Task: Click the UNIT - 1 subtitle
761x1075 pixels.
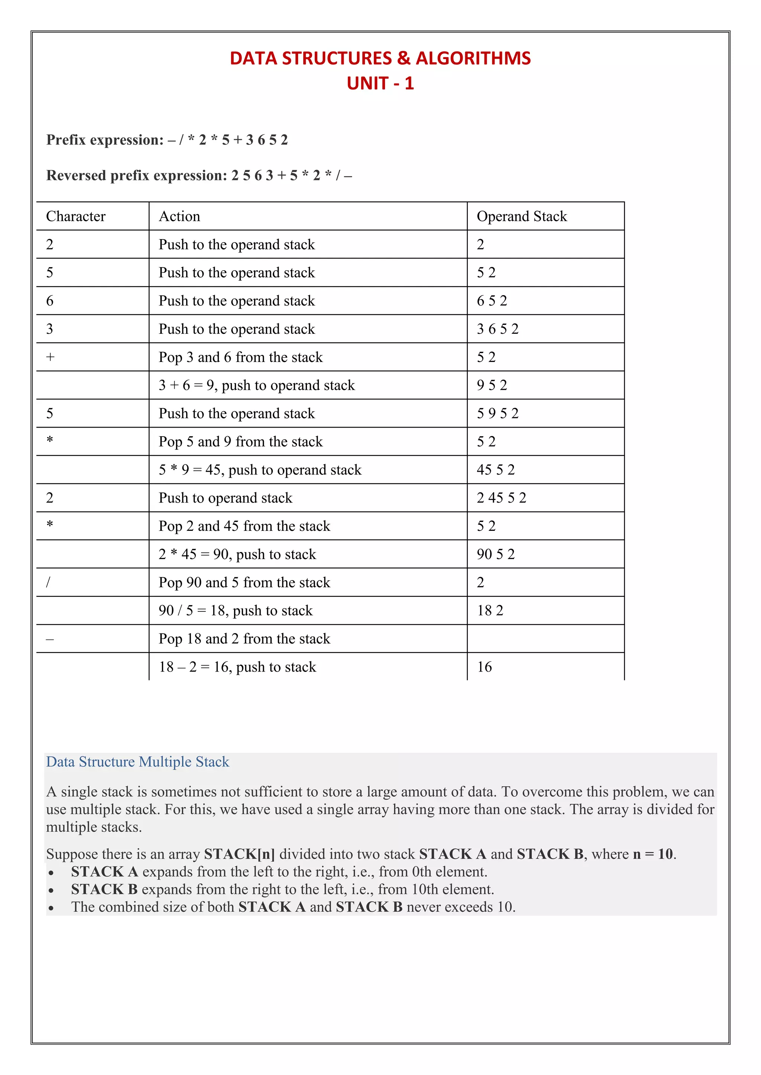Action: pyautogui.click(x=380, y=84)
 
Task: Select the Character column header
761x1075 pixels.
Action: pyautogui.click(x=76, y=216)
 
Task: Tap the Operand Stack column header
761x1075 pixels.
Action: pyautogui.click(x=522, y=216)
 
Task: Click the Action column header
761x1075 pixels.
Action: pyautogui.click(x=179, y=216)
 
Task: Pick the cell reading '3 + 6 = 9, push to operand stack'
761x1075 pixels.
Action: pyautogui.click(x=256, y=385)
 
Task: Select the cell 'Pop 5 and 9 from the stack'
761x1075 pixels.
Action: pyautogui.click(x=240, y=441)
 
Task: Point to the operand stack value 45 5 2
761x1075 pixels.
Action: pyautogui.click(x=496, y=470)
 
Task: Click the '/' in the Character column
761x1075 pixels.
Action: pyautogui.click(x=48, y=582)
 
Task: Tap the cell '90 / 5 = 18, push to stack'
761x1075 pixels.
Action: pyautogui.click(x=235, y=611)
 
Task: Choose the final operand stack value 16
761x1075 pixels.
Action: pyautogui.click(x=485, y=667)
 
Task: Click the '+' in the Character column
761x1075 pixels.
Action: pyautogui.click(x=50, y=357)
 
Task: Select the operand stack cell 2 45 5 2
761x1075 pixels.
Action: pyautogui.click(x=501, y=498)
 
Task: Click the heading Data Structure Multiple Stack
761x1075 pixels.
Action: pyautogui.click(x=137, y=762)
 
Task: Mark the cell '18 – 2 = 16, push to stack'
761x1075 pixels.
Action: pyautogui.click(x=237, y=667)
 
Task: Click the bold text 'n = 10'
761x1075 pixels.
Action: pyautogui.click(x=653, y=854)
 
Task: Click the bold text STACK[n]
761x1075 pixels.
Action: pyautogui.click(x=239, y=854)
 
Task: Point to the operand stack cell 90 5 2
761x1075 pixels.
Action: pyautogui.click(x=496, y=554)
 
